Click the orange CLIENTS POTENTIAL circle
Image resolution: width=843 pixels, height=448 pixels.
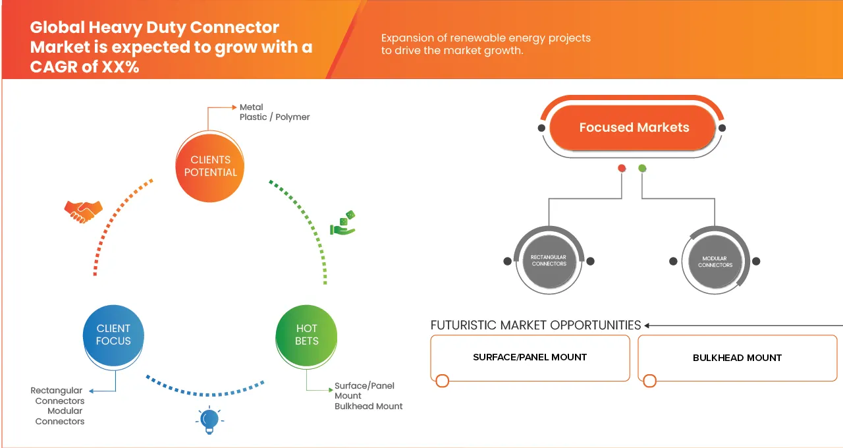(210, 165)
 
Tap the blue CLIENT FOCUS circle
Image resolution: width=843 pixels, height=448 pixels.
(113, 335)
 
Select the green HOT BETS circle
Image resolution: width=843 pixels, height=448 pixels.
(306, 335)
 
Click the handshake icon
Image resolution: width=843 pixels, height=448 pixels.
(83, 211)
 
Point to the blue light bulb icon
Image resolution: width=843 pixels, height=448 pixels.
(209, 420)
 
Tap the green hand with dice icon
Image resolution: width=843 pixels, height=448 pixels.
(342, 223)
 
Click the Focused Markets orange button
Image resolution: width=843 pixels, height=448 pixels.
(634, 128)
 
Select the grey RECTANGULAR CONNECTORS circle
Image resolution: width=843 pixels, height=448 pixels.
(549, 260)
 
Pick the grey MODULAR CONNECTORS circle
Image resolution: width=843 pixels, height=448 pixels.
(715, 262)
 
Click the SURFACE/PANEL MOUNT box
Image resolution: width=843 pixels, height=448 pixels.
(530, 358)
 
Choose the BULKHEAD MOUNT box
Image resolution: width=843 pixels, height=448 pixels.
(737, 358)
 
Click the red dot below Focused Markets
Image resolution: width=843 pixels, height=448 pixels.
(621, 169)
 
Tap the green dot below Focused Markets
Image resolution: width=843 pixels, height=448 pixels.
(642, 169)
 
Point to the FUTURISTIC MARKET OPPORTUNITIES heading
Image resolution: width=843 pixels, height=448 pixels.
(535, 325)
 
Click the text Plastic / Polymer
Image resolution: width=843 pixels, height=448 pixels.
(275, 117)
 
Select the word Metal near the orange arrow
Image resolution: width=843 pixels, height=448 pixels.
(251, 107)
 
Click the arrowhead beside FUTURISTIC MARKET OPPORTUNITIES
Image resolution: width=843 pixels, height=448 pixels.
(647, 325)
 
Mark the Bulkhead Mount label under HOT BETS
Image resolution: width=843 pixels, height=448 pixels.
(368, 406)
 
